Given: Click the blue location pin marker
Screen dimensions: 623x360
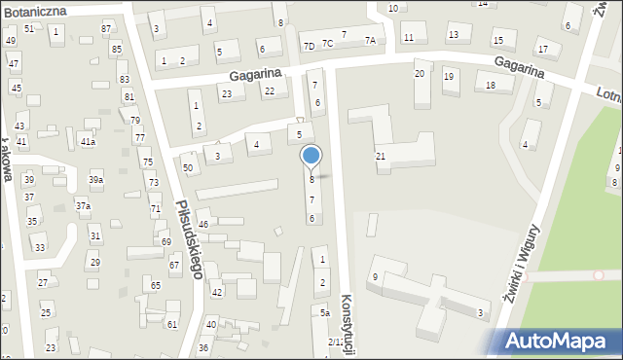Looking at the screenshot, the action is (x=311, y=157).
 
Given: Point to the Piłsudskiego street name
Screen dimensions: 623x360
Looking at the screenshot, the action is (x=189, y=238).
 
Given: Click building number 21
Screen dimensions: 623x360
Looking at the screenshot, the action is (x=381, y=156).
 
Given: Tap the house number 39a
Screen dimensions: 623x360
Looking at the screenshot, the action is (x=95, y=180).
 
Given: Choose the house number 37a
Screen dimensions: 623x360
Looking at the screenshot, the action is (x=83, y=206).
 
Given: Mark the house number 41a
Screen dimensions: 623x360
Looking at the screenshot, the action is (x=88, y=142).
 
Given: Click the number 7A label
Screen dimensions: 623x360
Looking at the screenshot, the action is (x=370, y=40).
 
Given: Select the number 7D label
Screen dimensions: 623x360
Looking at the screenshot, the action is (x=309, y=46).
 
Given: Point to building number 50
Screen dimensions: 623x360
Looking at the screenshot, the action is (x=188, y=168).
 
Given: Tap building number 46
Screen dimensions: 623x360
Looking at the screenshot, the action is (x=203, y=224).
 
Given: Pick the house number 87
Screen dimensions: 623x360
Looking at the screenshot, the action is (x=105, y=29).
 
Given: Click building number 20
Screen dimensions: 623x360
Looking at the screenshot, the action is (x=420, y=74).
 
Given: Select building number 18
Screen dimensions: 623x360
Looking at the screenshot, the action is (x=491, y=86).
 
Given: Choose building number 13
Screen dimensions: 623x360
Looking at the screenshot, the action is (x=453, y=35).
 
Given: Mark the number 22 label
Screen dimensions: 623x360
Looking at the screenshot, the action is (x=270, y=91).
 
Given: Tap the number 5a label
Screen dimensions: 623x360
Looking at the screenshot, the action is (x=325, y=313).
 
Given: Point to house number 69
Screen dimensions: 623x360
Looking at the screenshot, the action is (x=166, y=241).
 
